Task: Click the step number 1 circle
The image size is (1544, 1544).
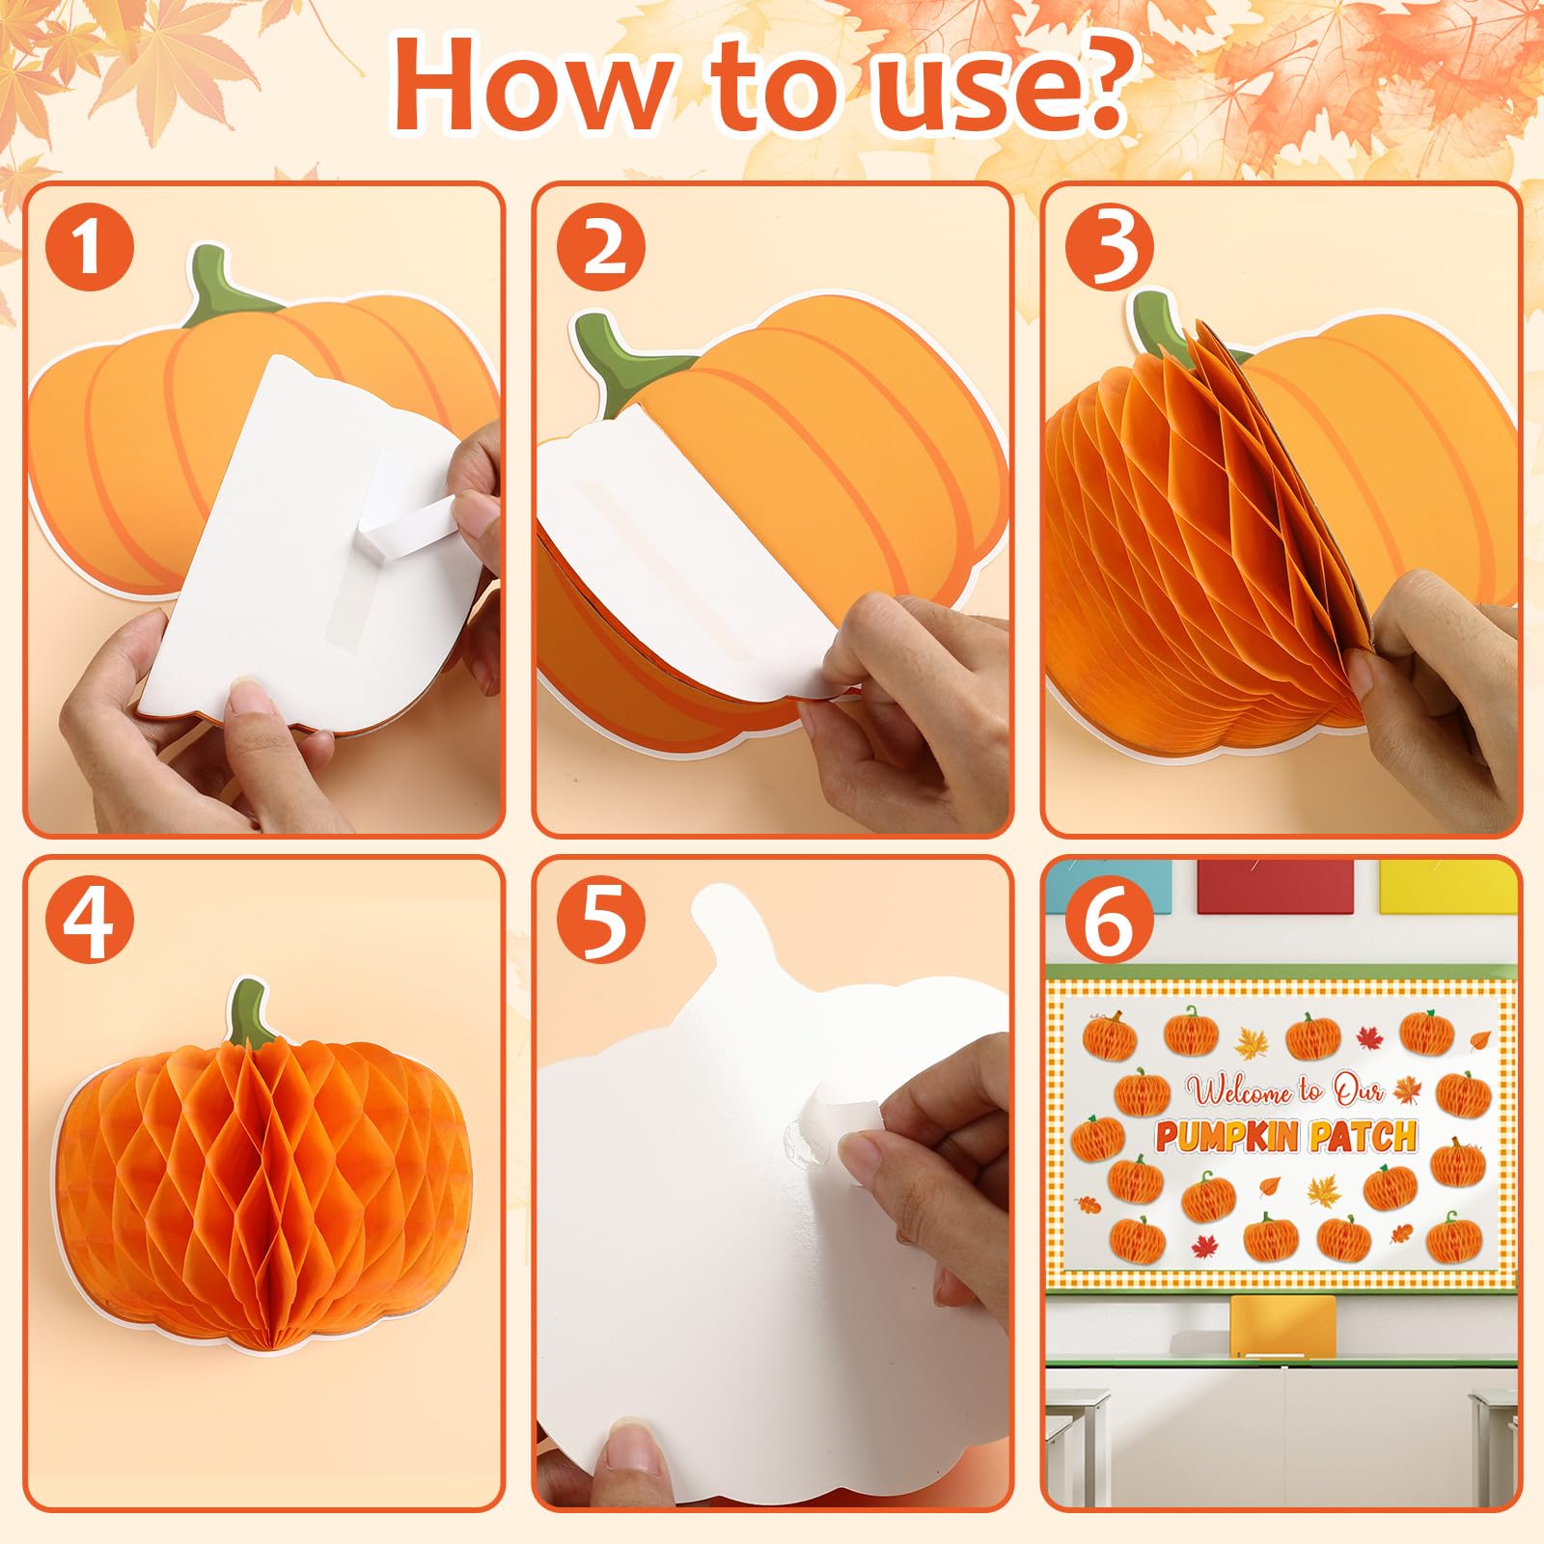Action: coord(88,246)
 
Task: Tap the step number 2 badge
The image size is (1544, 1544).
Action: coord(599,246)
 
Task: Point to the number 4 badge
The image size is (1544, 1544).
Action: coord(88,921)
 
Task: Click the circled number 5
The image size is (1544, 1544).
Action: coord(599,921)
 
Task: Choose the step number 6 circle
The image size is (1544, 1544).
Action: coord(1109,921)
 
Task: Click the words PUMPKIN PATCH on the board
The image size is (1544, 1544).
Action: coord(1285,1137)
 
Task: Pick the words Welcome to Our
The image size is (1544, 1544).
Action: coord(1285,1090)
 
